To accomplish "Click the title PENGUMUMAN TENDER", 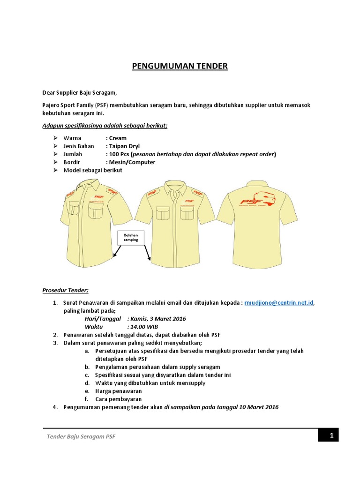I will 180,66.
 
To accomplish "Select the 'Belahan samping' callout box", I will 131,237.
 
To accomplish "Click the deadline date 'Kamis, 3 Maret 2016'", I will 157,319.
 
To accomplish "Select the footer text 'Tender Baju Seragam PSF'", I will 81,437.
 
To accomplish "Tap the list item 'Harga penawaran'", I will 118,391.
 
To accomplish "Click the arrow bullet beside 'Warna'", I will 55,138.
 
